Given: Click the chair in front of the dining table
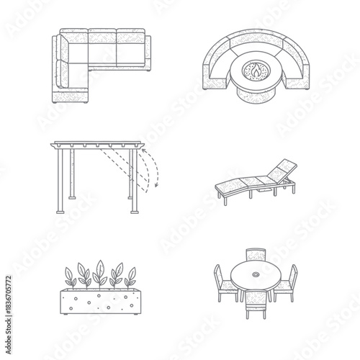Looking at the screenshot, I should coord(256,302).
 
